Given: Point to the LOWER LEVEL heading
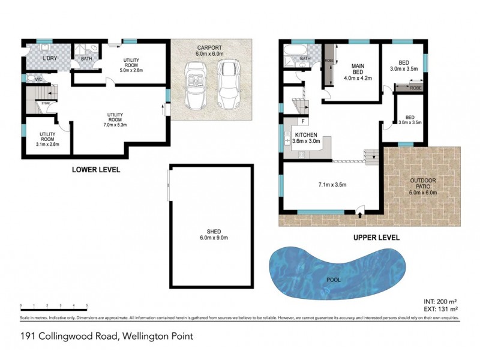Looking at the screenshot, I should coord(96,170).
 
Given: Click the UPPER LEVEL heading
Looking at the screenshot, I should coord(376,238).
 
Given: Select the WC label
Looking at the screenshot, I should coord(37,79).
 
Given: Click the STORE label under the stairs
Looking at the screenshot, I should coord(45,103).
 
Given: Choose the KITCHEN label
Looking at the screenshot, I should coord(305,136).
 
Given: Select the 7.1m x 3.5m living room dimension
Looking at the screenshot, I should coord(331,186).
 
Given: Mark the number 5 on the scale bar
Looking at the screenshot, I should coord(87,306).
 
